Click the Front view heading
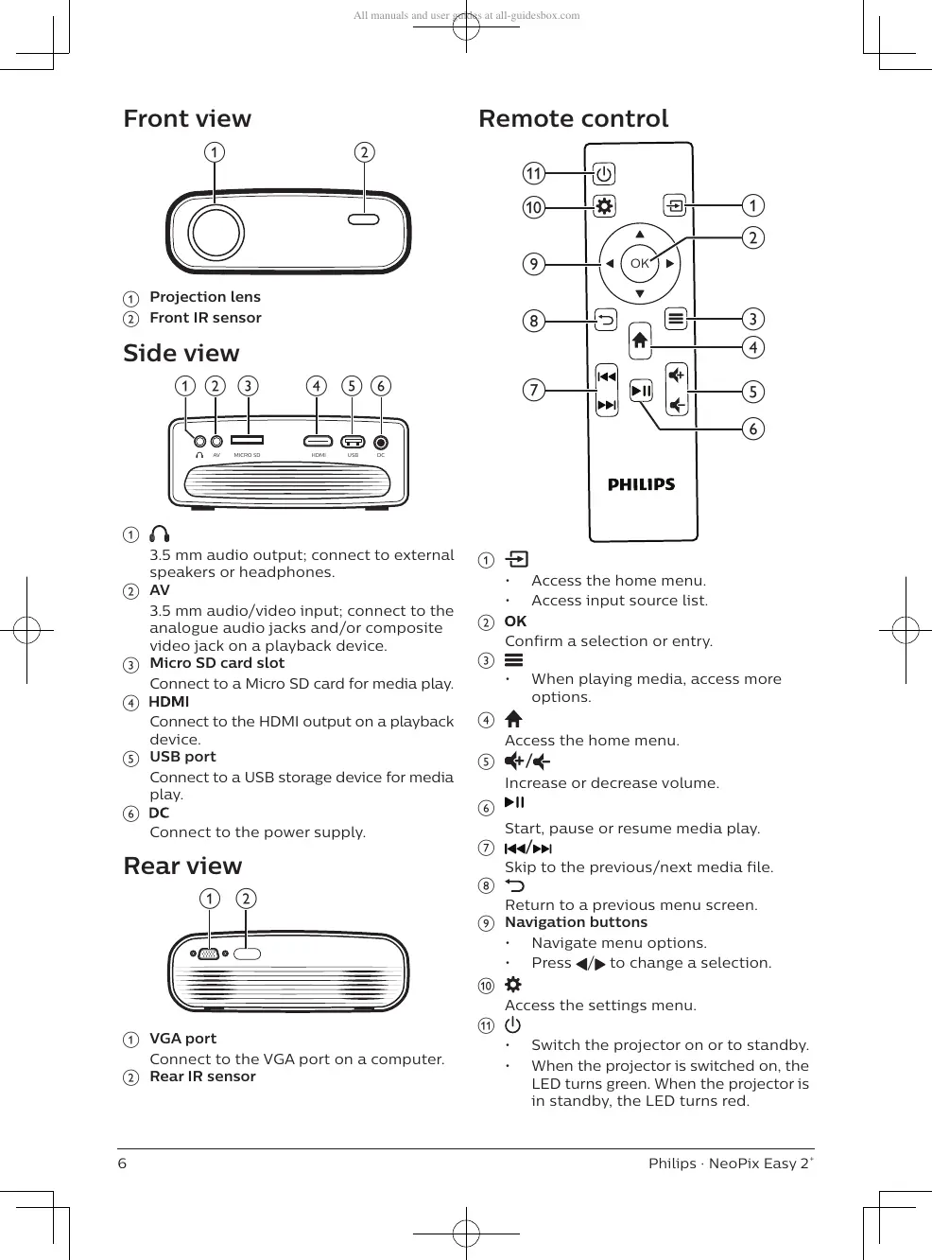(187, 118)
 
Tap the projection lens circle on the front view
(216, 231)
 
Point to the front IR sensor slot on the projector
(364, 219)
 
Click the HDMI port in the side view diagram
(318, 441)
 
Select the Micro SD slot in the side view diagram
(248, 440)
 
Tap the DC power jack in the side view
(381, 442)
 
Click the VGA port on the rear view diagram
(210, 954)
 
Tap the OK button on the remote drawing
(640, 263)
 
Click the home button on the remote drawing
(640, 340)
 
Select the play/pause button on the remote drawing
(641, 390)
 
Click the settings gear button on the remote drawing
(604, 205)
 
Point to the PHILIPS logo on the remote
(641, 484)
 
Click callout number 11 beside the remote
(534, 173)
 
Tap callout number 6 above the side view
(381, 385)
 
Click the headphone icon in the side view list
(160, 534)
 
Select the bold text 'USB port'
(182, 757)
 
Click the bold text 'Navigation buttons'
(576, 922)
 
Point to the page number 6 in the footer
(122, 1164)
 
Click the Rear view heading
(182, 866)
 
